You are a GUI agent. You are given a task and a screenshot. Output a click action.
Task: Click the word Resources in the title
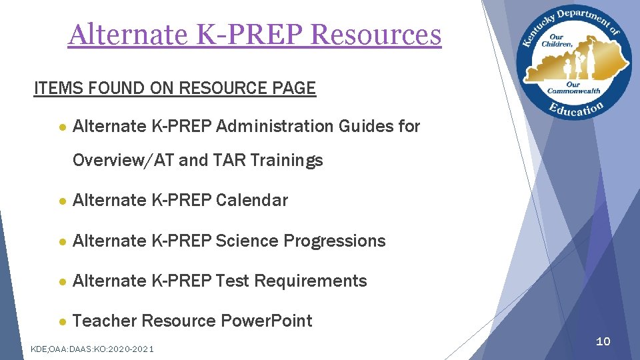pos(376,35)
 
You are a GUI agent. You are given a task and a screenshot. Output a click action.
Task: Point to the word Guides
pos(363,126)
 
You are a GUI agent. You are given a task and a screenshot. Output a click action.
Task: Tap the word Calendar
pos(252,201)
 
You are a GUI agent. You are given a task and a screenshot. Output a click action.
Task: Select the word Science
pos(248,241)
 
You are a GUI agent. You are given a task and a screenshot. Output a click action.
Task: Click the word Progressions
pos(335,241)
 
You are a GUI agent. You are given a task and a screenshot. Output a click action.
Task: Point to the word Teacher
pos(105,321)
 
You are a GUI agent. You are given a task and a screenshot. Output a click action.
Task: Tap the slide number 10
pos(603,341)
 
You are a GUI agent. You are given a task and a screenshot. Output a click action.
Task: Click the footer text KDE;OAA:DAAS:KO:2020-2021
pos(92,349)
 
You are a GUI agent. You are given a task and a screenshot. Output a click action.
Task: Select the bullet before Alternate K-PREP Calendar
pos(62,201)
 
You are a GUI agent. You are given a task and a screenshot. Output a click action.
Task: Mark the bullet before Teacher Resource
pos(62,321)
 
